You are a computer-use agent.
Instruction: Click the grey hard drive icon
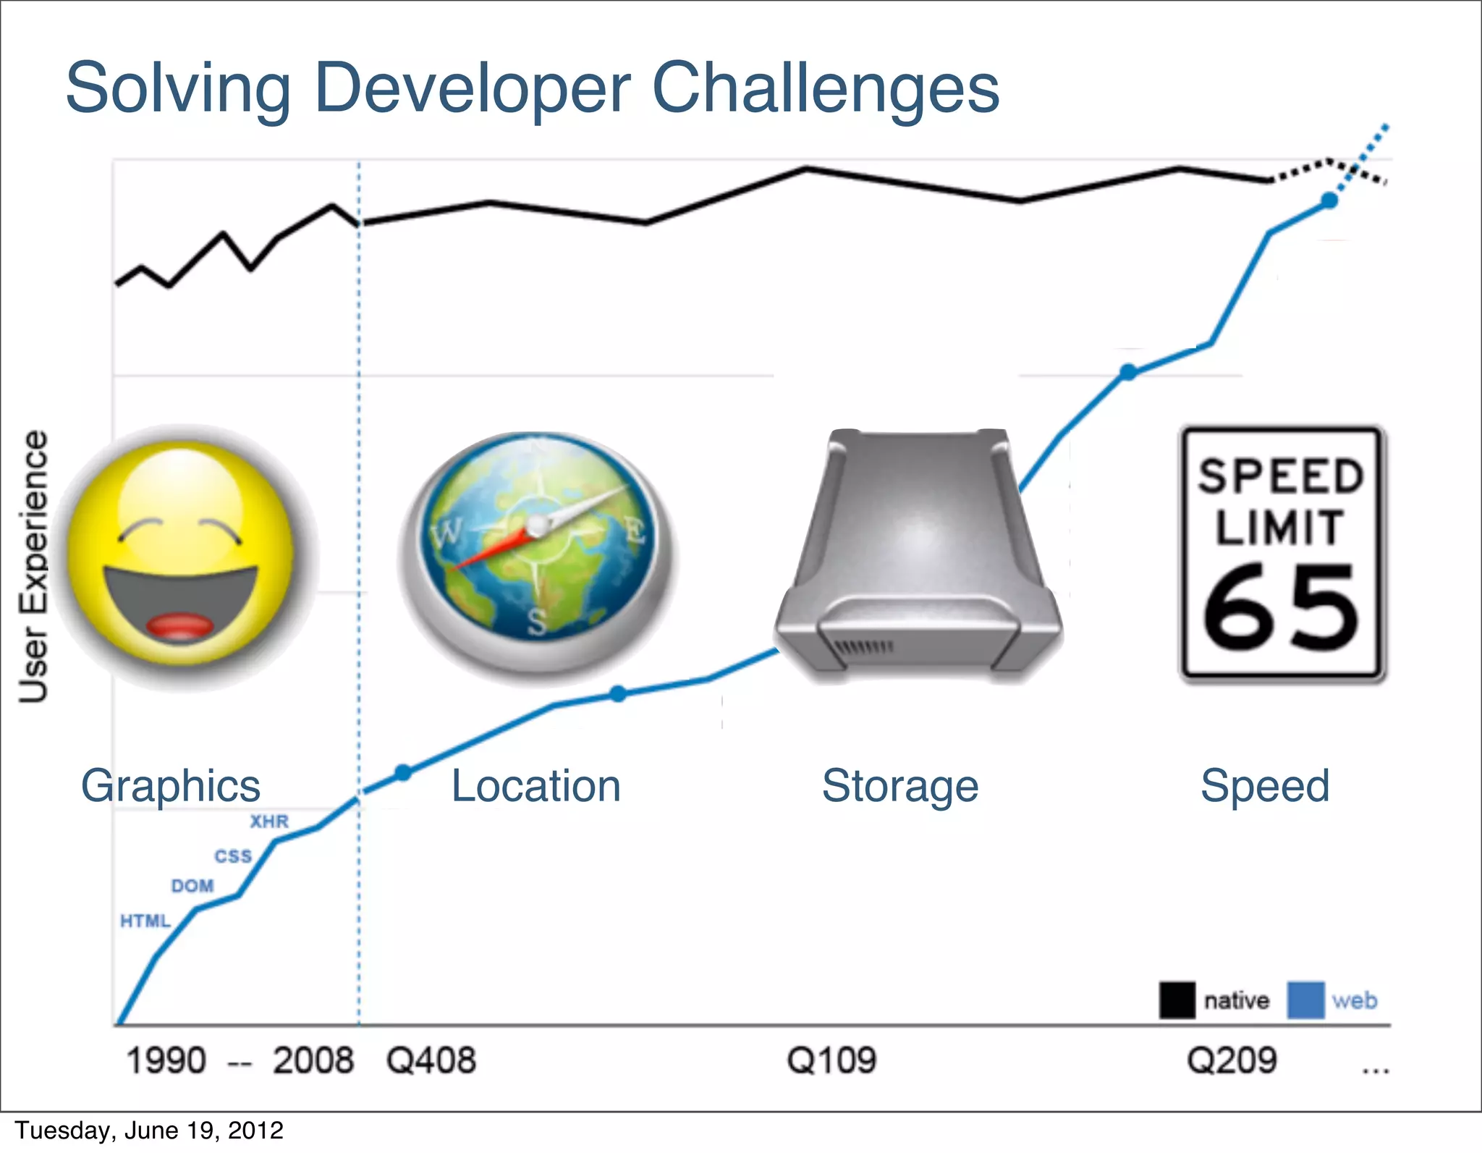pyautogui.click(x=918, y=554)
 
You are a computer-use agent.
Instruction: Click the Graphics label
pyautogui.click(x=171, y=786)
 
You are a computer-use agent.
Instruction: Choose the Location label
pyautogui.click(x=535, y=786)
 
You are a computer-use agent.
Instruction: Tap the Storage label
pyautogui.click(x=900, y=786)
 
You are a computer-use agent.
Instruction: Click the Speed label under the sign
pyautogui.click(x=1265, y=786)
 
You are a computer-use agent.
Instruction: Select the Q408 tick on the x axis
pyautogui.click(x=431, y=1061)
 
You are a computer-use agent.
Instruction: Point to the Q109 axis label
pyautogui.click(x=831, y=1061)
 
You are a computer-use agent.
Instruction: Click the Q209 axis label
pyautogui.click(x=1232, y=1061)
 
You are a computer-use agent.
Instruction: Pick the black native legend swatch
pyautogui.click(x=1177, y=1000)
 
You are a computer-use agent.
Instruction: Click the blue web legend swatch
pyautogui.click(x=1305, y=1000)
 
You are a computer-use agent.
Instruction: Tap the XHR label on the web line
pyautogui.click(x=269, y=822)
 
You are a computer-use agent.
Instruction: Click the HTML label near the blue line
pyautogui.click(x=145, y=921)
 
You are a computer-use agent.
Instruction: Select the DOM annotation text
pyautogui.click(x=192, y=886)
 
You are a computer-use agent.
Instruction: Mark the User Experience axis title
pyautogui.click(x=33, y=566)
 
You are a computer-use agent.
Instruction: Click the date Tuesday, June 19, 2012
pyautogui.click(x=149, y=1131)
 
